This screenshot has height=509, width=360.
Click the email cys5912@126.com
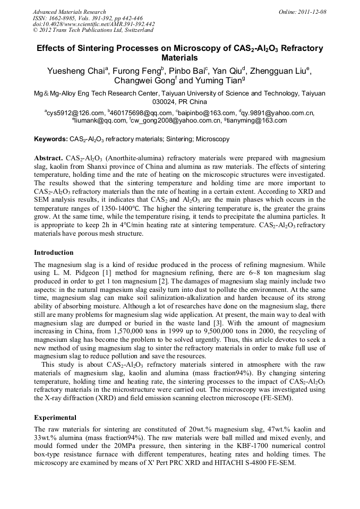[x=75, y=113]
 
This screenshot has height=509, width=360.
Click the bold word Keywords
[x=50, y=140]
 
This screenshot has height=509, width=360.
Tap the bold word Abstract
[x=48, y=158]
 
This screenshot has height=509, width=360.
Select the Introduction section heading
[x=54, y=253]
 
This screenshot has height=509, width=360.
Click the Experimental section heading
[x=55, y=418]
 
